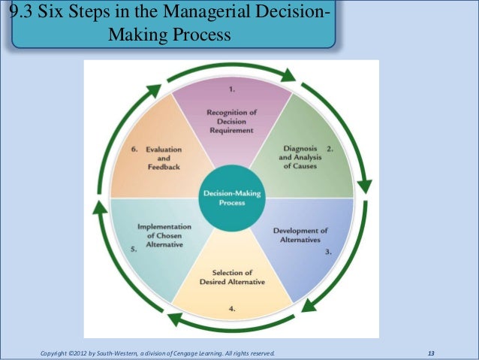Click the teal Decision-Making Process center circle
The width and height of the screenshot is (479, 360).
(232, 198)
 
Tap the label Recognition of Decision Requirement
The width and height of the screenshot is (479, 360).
(232, 121)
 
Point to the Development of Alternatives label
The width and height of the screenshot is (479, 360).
(300, 234)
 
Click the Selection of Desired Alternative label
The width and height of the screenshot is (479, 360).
(232, 276)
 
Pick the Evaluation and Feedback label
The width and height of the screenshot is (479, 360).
(164, 158)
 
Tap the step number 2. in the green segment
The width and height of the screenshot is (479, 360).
(330, 149)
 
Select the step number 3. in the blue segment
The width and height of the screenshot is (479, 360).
(328, 252)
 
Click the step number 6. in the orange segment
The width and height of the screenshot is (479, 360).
(134, 149)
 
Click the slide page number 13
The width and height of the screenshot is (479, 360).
(430, 352)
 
